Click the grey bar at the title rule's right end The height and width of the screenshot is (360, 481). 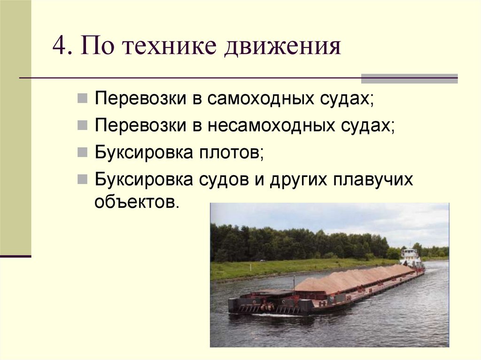click(x=409, y=78)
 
